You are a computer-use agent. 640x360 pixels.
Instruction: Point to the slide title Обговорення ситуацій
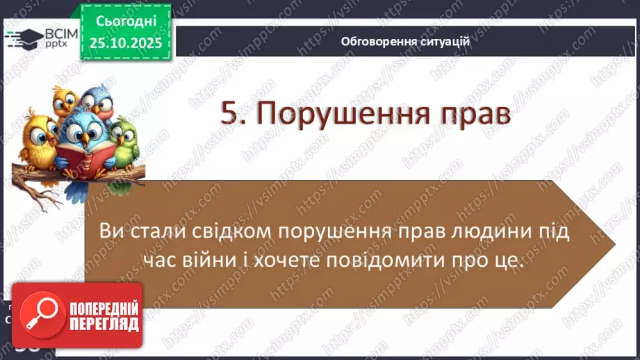(405, 41)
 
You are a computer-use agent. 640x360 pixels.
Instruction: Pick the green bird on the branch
(124, 140)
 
